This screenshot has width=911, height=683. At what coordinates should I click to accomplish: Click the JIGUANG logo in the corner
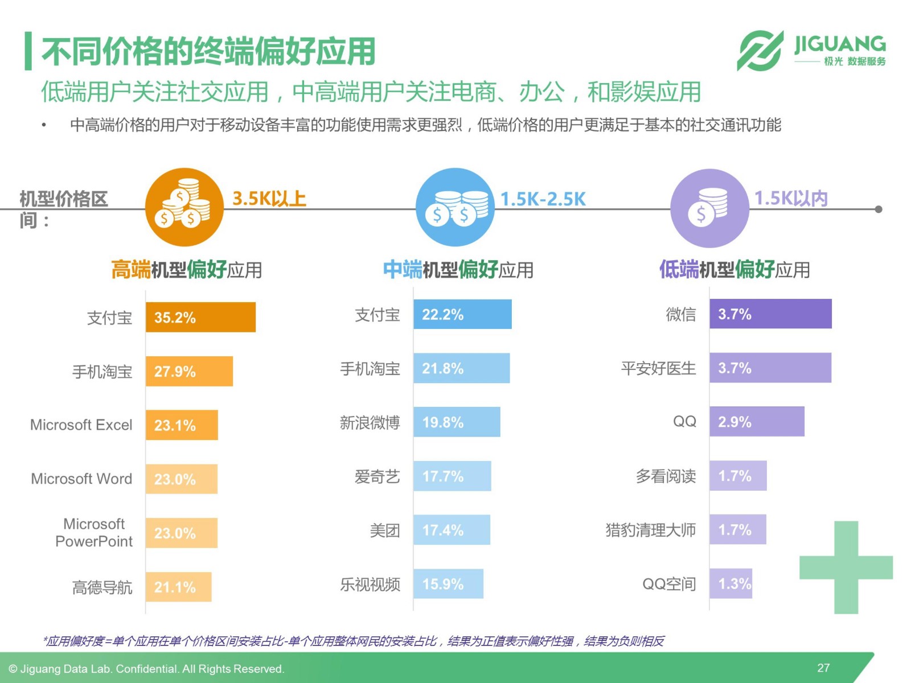click(x=811, y=51)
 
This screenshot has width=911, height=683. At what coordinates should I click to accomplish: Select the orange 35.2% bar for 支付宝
click(x=200, y=317)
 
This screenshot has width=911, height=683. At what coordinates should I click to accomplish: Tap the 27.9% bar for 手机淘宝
click(x=189, y=371)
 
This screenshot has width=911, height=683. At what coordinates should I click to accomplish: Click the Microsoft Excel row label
click(x=81, y=425)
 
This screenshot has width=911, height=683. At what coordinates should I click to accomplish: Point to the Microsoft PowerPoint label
click(x=94, y=532)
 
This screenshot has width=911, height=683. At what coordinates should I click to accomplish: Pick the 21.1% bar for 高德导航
click(x=178, y=587)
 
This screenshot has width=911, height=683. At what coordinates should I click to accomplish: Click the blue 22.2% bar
click(x=462, y=314)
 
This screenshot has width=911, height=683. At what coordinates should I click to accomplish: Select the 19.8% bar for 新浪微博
click(x=457, y=422)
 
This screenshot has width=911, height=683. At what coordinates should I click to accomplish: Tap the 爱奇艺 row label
click(x=377, y=476)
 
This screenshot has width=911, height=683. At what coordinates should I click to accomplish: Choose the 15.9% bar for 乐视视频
click(x=448, y=583)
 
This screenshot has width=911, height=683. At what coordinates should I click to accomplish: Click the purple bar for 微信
click(x=770, y=314)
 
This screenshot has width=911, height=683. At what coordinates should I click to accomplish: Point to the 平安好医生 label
click(x=658, y=368)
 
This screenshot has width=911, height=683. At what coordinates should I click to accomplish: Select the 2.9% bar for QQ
click(x=757, y=421)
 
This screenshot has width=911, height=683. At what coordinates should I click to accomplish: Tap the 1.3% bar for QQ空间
click(x=731, y=583)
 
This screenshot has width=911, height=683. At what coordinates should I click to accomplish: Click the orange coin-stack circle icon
click(x=184, y=207)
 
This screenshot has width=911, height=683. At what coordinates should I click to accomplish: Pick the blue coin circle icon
click(x=455, y=207)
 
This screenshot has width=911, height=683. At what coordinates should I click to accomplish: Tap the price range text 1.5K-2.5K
click(x=543, y=199)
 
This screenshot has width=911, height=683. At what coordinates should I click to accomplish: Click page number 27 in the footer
click(x=823, y=668)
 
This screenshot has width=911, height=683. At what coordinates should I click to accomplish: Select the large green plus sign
click(x=846, y=567)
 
